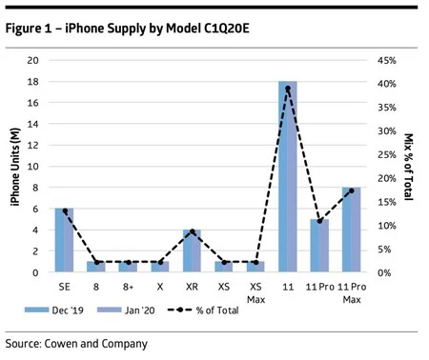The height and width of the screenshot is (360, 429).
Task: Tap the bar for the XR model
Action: (x=192, y=250)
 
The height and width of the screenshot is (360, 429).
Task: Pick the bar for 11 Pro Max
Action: (x=351, y=230)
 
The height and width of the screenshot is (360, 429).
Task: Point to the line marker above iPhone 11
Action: (x=288, y=89)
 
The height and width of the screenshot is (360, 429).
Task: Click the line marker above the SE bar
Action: (x=65, y=210)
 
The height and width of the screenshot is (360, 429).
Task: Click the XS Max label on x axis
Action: (x=255, y=290)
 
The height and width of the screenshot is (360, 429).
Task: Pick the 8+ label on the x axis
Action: (x=128, y=285)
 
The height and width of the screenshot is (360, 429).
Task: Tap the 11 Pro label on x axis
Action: (x=319, y=285)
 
